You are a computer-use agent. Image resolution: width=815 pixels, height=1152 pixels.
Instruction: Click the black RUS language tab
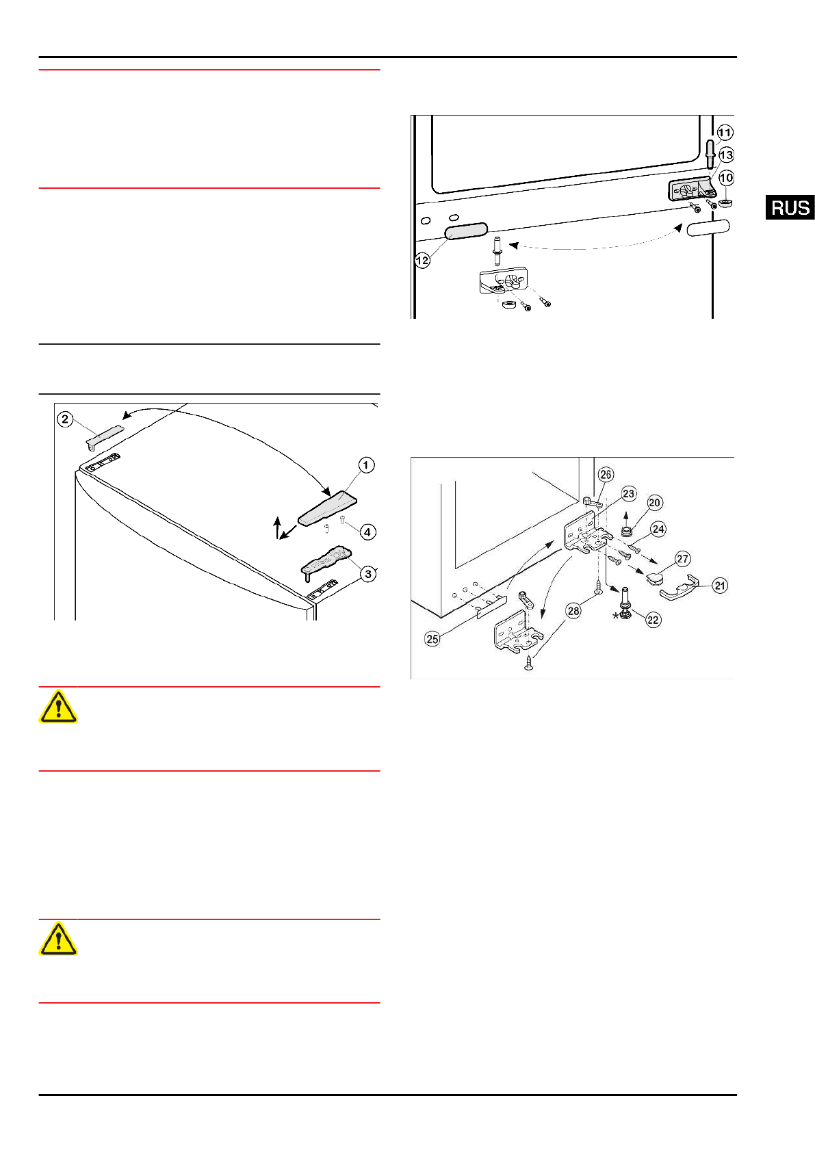[790, 207]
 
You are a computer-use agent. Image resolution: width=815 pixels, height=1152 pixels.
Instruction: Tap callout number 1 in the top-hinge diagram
[366, 465]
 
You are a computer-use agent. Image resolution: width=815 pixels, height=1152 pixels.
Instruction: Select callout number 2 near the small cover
[65, 419]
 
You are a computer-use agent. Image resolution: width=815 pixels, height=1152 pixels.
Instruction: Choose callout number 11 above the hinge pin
[725, 133]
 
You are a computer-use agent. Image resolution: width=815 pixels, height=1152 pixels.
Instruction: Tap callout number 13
[726, 155]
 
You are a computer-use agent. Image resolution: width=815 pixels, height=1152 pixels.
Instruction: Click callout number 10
[726, 178]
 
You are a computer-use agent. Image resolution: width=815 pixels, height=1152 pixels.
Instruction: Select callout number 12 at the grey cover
[422, 260]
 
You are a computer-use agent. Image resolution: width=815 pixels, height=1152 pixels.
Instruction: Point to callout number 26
[605, 474]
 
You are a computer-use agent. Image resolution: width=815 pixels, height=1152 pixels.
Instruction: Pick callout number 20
[654, 503]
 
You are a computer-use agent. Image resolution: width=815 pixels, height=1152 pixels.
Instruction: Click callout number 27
[682, 559]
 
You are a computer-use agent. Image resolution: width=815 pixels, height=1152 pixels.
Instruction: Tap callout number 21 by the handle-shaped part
[720, 586]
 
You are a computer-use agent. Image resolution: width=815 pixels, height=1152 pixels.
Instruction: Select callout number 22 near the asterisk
[653, 620]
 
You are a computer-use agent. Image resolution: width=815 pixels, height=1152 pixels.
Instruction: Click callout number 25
[432, 639]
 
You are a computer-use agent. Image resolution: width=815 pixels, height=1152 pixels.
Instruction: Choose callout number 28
[573, 610]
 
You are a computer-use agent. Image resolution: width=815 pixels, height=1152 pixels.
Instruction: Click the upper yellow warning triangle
[58, 707]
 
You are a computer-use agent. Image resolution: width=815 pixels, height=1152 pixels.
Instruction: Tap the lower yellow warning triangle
[58, 939]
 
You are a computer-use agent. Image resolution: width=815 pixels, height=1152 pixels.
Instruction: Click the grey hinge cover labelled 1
[327, 508]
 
